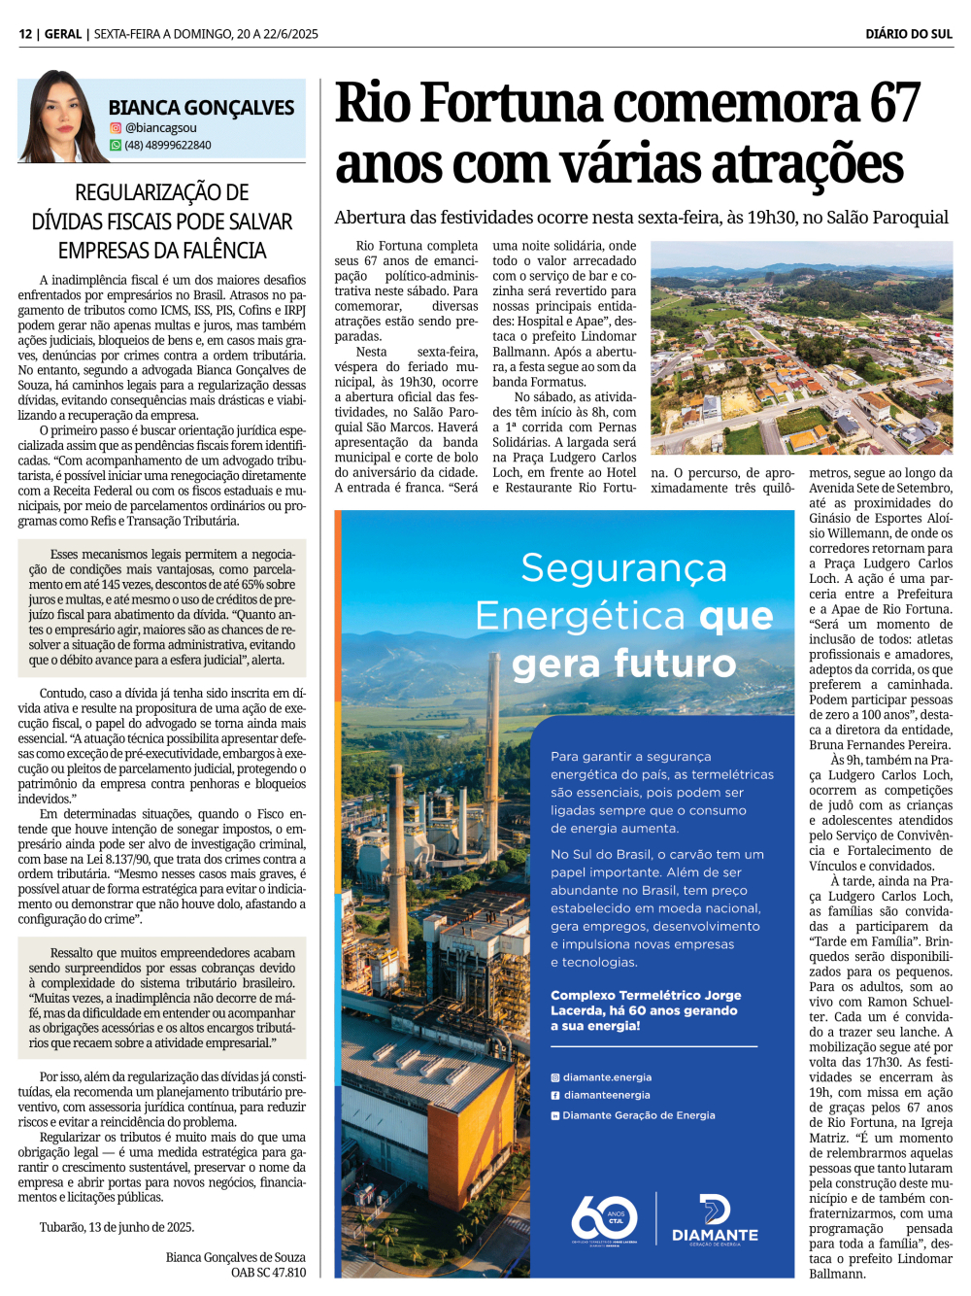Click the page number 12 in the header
[x=25, y=34]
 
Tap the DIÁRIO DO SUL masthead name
[x=909, y=34]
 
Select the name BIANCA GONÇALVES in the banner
[x=201, y=108]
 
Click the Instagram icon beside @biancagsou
[x=116, y=128]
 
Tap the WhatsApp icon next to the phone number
[x=116, y=146]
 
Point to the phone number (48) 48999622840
[x=167, y=146]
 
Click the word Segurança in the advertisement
[x=623, y=568]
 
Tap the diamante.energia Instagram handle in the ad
[x=607, y=1077]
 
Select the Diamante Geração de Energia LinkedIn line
[x=638, y=1115]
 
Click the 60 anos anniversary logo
[x=604, y=1218]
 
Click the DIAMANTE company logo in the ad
[x=715, y=1219]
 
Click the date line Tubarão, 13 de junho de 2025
[x=117, y=1227]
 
